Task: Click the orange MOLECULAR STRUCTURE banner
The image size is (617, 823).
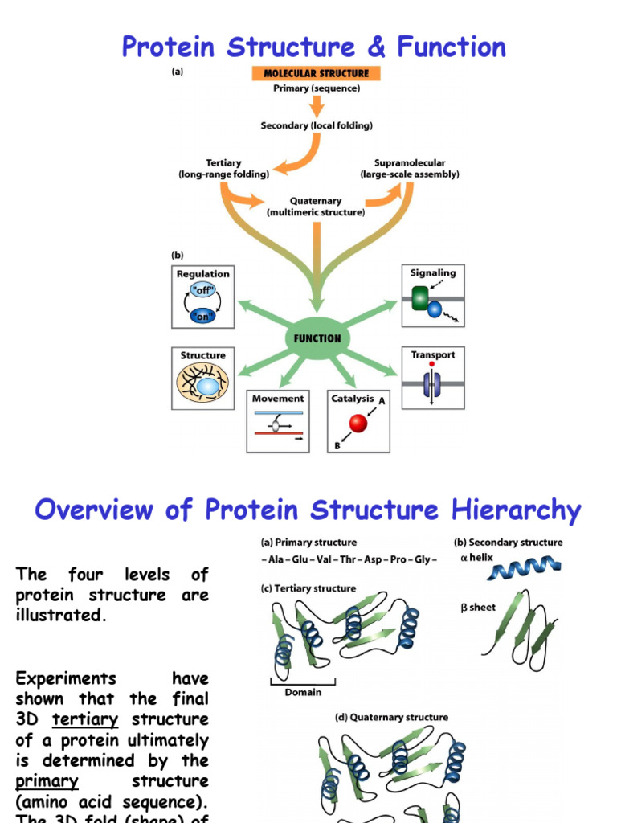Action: pos(316,74)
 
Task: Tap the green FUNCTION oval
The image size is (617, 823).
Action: pos(317,338)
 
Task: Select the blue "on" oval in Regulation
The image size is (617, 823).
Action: pos(202,315)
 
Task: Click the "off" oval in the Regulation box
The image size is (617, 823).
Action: pos(202,290)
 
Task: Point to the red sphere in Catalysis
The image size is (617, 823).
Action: pos(358,423)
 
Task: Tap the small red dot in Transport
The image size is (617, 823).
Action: pos(432,364)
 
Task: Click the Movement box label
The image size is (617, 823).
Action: pos(278,399)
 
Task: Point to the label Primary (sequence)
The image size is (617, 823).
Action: pos(317,88)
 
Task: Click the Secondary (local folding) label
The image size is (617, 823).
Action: pos(317,125)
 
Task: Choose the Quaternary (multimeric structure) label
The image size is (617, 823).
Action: pos(316,207)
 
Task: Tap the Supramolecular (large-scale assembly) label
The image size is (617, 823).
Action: pos(410,168)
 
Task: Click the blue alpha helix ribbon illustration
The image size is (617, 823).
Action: pos(527,567)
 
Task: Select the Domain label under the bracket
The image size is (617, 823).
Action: pos(303,692)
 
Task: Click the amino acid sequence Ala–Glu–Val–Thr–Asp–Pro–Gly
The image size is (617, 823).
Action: pos(349,560)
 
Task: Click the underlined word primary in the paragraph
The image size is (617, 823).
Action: pos(47,781)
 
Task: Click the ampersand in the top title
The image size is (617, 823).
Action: pos(376,47)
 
